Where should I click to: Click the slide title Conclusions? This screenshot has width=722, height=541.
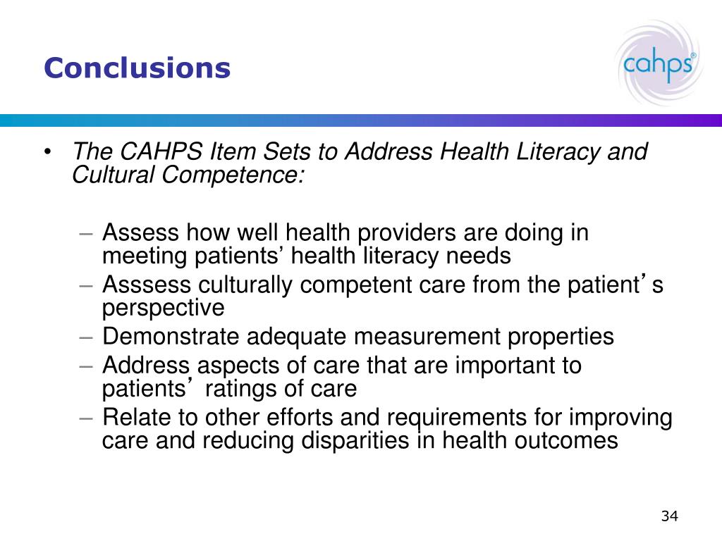tap(137, 68)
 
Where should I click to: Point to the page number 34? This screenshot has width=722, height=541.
tap(669, 516)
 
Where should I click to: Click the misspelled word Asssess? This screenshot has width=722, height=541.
tap(147, 285)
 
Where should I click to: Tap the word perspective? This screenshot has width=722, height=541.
tap(163, 308)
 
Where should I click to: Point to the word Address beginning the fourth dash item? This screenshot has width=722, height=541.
tap(146, 366)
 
